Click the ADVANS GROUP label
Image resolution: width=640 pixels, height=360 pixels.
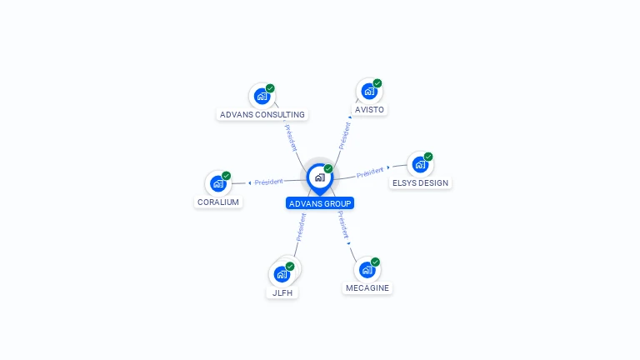pos(320,203)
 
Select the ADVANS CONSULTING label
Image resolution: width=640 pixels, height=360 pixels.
pos(262,114)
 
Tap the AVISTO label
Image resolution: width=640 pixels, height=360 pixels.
pos(370,109)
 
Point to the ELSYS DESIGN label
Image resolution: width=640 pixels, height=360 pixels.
pos(420,182)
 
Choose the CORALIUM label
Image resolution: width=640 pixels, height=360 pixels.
pos(218,202)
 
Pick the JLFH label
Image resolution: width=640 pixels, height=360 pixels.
pos(282,292)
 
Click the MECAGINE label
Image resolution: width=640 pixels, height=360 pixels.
pos(367,287)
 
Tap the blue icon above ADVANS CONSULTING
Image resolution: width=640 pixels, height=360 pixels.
pos(262,96)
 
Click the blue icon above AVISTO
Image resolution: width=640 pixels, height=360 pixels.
pos(368,91)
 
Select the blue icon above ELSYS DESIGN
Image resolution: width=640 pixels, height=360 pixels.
pos(419,164)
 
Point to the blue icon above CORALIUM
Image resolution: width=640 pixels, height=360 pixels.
pos(217,183)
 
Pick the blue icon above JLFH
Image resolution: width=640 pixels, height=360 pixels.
pos(282,273)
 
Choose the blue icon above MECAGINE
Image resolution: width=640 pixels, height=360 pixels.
pos(367,270)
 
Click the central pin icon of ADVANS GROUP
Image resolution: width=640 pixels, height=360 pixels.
pos(319,177)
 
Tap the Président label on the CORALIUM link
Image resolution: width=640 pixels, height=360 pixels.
pos(269,182)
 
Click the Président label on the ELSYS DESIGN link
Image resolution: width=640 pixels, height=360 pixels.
pos(370,173)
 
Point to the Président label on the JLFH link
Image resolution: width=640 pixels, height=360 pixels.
pos(301,227)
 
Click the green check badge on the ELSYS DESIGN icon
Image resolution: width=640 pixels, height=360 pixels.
pos(428,157)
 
